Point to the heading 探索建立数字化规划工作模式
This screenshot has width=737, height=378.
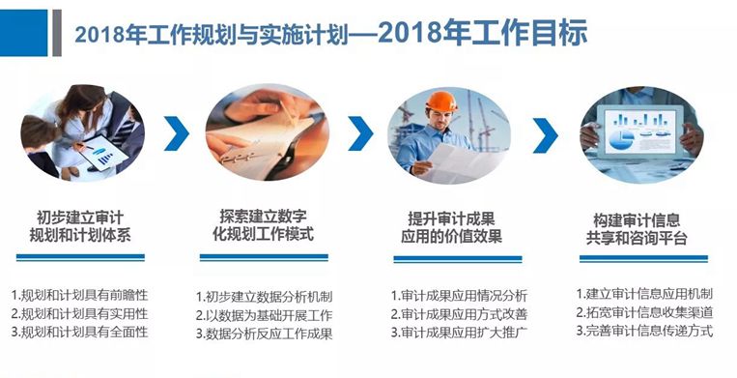(269, 224)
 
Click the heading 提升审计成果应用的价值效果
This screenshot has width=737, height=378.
(454, 224)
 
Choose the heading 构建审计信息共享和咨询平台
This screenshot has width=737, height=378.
(639, 224)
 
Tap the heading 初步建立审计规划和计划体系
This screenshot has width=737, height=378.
(81, 224)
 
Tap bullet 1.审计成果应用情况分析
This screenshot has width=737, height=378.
(459, 295)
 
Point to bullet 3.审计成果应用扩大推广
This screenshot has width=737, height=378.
(459, 333)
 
